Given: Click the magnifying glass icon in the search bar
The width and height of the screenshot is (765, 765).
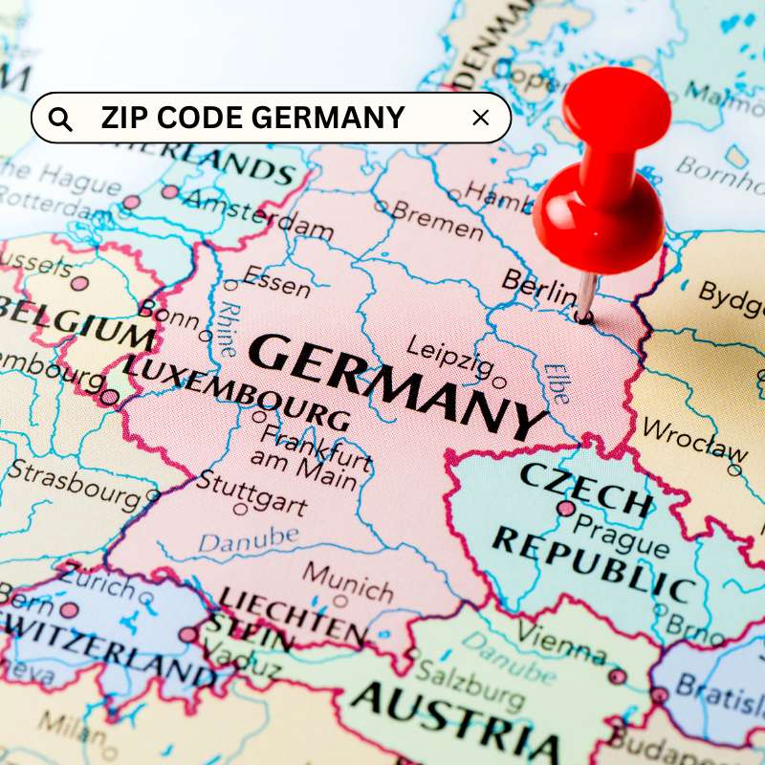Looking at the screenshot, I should pyautogui.click(x=60, y=119).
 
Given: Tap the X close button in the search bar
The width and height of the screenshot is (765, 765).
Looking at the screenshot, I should pyautogui.click(x=481, y=118).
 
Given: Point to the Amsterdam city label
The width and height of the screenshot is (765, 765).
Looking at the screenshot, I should pyautogui.click(x=258, y=214).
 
